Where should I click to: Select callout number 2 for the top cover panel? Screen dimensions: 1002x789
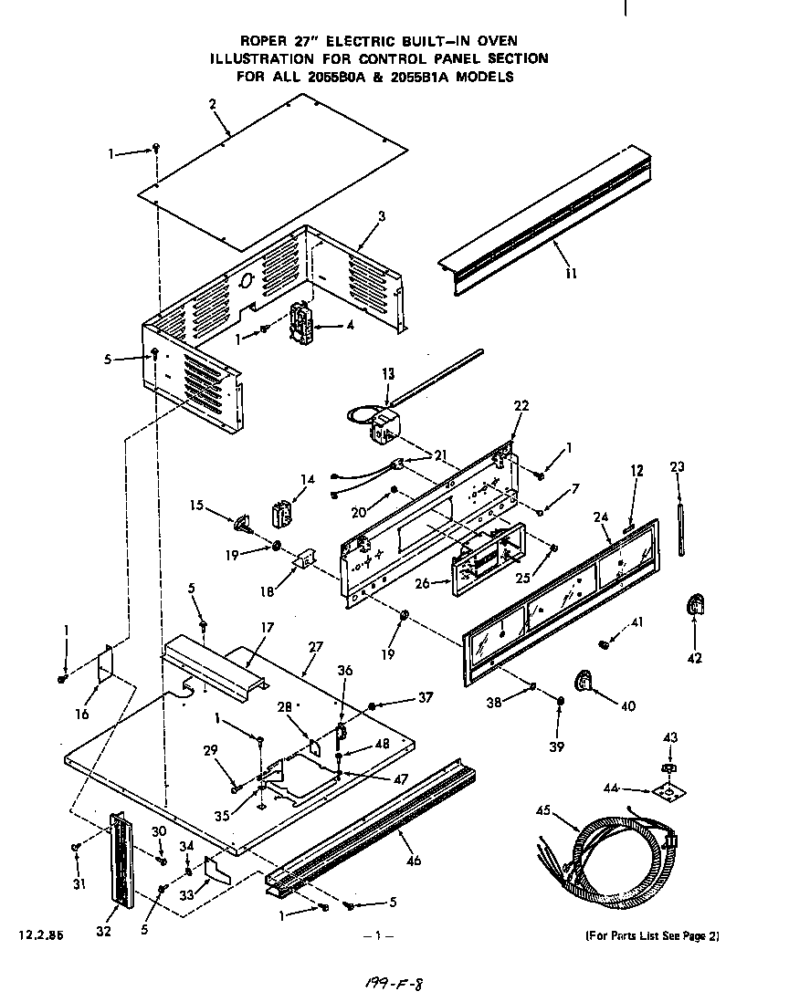(x=212, y=104)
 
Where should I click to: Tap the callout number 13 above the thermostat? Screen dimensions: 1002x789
(x=388, y=373)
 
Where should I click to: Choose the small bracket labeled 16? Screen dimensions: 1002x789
(x=105, y=663)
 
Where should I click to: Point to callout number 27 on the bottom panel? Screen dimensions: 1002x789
(x=315, y=647)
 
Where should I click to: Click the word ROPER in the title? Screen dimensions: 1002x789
(x=264, y=41)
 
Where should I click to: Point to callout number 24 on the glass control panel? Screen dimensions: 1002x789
(x=600, y=517)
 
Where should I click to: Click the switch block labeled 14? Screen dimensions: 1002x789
(x=282, y=512)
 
